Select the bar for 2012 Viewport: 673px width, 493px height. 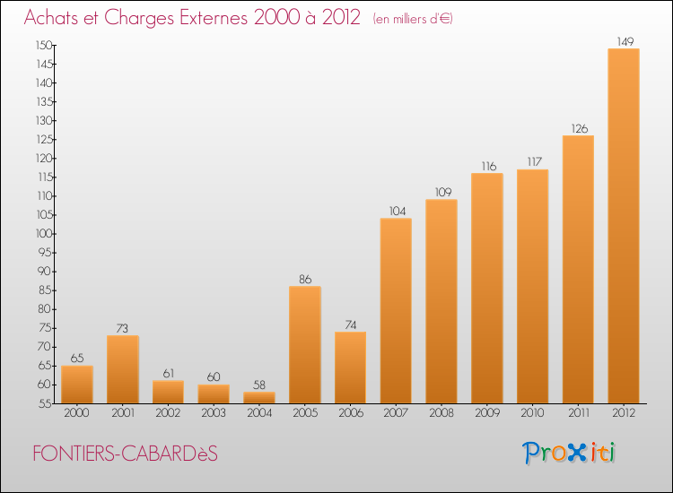coord(624,226)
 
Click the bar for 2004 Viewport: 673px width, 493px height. coord(259,398)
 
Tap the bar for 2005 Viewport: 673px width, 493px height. coord(305,345)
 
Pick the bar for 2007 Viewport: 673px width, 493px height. coord(396,311)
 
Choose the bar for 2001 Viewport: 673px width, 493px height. coord(123,369)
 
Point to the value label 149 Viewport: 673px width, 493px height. coord(624,40)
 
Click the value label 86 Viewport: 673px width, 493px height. coord(305,279)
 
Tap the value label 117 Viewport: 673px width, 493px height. coord(532,162)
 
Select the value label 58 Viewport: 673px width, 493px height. coord(259,385)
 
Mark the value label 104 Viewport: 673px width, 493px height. coord(396,211)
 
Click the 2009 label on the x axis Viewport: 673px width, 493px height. coord(487,413)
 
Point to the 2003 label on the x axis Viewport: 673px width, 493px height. coord(214,413)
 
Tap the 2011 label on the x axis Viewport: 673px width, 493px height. coord(578,413)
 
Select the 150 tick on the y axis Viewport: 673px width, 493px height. coord(43,45)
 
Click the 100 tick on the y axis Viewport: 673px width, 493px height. coord(43,234)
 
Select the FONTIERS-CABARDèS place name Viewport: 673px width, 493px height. coord(125,454)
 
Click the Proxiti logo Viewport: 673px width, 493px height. coord(570,453)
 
